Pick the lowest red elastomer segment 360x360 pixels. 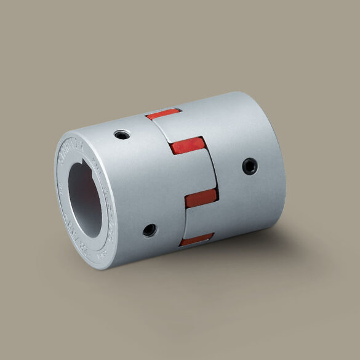coord(196,238)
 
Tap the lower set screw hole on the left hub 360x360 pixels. coord(148,230)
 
